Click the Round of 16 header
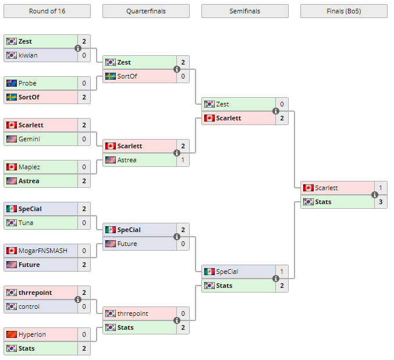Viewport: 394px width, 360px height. point(47,11)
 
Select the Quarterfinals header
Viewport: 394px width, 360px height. point(145,11)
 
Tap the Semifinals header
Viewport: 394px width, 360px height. point(244,11)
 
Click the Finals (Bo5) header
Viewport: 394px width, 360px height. point(343,11)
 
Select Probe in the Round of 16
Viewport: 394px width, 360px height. point(27,83)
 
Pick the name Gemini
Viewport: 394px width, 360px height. point(29,139)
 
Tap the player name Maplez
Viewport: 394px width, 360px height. point(29,167)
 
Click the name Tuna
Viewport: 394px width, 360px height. point(26,223)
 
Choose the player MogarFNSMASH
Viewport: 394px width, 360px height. point(42,251)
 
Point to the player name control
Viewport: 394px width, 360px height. point(29,306)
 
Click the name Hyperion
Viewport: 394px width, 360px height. point(32,334)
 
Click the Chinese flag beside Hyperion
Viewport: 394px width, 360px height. point(11,334)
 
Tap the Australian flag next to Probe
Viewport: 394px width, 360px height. point(11,83)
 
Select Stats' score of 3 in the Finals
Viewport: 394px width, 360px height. point(381,202)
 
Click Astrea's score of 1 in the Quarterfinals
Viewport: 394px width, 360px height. point(183,160)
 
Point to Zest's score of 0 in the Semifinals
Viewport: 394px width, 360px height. point(282,104)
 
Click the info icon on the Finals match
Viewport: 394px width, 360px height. point(375,195)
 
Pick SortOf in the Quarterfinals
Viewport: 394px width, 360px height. point(127,76)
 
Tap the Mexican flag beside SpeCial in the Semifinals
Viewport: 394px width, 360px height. point(209,272)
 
